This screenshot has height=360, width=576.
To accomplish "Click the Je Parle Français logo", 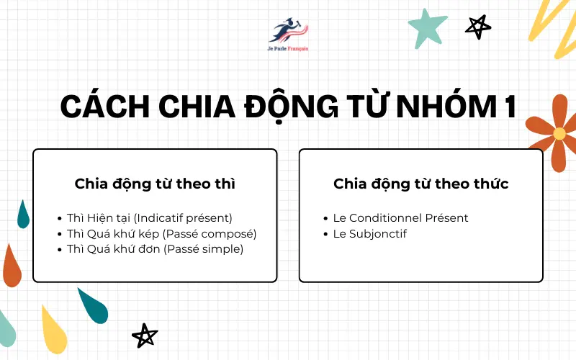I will coord(287,33).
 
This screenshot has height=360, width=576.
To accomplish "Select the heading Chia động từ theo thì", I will coord(155,184).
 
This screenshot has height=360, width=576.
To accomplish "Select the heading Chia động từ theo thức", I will coord(421,184).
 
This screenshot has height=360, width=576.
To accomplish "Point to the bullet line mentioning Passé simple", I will coord(156,249).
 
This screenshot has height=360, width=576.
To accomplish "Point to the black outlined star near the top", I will coord(477,26).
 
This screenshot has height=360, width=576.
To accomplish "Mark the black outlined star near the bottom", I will coord(145,335).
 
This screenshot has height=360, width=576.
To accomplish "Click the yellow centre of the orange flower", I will coord(559,133).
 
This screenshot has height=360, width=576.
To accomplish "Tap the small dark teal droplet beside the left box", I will coord(23,215).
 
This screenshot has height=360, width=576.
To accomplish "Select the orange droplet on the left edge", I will coord(12,266).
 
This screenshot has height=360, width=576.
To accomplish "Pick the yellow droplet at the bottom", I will coord(55,331).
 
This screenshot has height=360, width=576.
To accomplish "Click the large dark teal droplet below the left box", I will coord(94,307).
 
